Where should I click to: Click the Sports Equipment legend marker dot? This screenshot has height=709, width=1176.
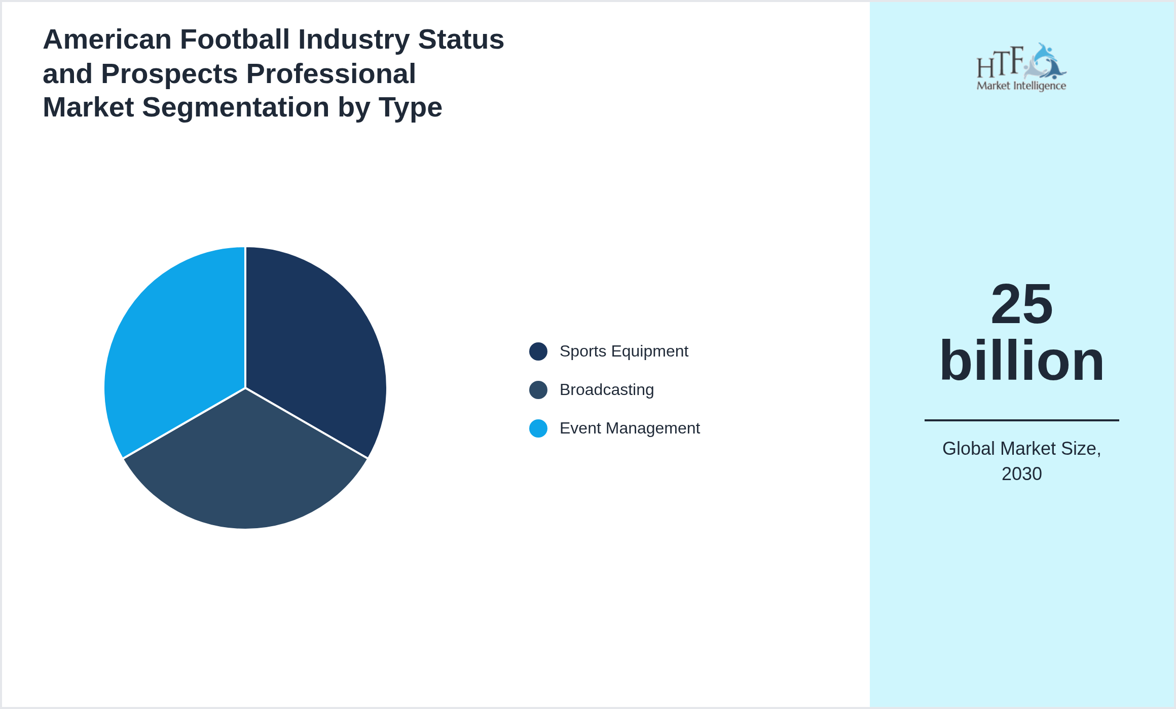tap(538, 351)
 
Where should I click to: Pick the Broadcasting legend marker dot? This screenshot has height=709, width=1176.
tap(538, 390)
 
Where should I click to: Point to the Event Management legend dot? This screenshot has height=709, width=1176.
tap(538, 428)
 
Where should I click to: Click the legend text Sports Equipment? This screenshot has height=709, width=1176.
tap(623, 351)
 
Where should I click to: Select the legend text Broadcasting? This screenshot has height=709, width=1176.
tap(606, 390)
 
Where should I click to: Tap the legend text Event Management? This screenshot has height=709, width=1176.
tap(629, 428)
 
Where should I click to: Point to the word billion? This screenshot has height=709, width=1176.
tap(1021, 361)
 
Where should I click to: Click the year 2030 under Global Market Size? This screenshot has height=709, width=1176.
tap(1021, 474)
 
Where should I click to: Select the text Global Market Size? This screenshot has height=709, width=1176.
tap(1021, 449)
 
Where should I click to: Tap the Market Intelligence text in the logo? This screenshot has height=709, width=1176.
tap(1021, 86)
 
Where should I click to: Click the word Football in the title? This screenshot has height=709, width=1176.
tap(235, 40)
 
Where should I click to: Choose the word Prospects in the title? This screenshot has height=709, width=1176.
tap(169, 74)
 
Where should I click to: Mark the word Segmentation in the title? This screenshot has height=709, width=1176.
tap(236, 107)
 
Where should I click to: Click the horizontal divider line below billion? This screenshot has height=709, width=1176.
tap(1021, 420)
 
